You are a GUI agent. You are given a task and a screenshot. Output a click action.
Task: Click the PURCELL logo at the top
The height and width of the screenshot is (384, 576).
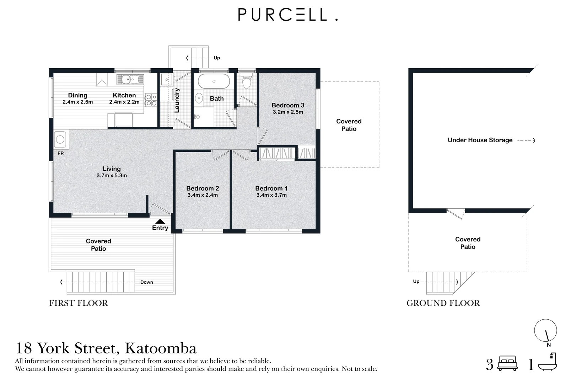[x=287, y=15]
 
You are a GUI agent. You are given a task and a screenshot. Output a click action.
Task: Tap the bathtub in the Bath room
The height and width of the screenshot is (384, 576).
[x=214, y=81]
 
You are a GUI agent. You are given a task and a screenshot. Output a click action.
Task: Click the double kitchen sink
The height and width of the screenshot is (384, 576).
[x=130, y=79]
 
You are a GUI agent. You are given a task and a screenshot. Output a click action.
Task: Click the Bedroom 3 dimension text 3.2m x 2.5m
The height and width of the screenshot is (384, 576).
[x=288, y=112]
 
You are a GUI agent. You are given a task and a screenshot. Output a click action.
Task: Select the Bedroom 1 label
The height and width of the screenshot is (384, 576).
[x=271, y=188]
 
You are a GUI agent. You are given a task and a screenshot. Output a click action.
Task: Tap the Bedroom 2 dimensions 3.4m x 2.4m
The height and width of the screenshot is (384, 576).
[x=203, y=195]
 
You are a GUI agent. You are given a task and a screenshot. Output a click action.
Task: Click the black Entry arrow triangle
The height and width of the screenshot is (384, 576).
[x=160, y=221]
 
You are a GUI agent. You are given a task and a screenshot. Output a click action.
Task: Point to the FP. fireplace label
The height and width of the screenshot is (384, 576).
[x=61, y=154]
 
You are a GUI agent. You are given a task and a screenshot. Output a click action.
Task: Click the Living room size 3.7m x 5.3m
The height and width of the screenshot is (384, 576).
[x=112, y=176]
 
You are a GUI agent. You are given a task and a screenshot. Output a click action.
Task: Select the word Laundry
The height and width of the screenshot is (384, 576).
[x=177, y=100]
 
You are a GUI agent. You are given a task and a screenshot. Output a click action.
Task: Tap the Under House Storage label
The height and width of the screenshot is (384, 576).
[x=480, y=140]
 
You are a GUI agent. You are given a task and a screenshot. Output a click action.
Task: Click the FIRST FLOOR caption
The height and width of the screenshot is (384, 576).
[x=79, y=303]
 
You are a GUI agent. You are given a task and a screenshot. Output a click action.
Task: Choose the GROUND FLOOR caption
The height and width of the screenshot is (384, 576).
[x=443, y=303]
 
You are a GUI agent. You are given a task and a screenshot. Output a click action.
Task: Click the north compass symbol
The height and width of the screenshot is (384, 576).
[x=545, y=331]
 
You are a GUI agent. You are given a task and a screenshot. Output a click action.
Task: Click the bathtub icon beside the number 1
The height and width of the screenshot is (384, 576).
[x=547, y=363]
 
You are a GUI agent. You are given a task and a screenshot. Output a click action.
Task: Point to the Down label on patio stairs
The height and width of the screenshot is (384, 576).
[x=146, y=282]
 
